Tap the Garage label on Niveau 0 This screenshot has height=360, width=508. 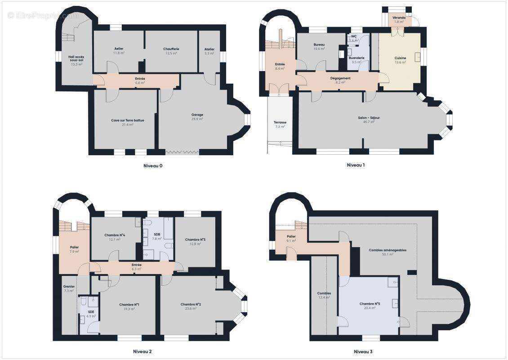[x=197, y=115]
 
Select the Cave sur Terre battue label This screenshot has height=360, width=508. [x=128, y=120]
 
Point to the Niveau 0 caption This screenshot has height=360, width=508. [x=153, y=166]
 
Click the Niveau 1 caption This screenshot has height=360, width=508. [x=356, y=165]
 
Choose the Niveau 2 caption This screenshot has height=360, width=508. [x=142, y=351]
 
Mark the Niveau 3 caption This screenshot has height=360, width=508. [x=363, y=351]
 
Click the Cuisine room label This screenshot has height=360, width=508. [x=400, y=58]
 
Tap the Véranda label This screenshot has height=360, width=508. [x=399, y=18]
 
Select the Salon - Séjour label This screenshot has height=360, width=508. [x=369, y=117]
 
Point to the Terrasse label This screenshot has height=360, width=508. [x=280, y=122]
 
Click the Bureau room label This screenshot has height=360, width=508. [x=319, y=45]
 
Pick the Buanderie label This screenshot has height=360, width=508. [x=356, y=58]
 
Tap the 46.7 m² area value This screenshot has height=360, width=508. [x=369, y=122]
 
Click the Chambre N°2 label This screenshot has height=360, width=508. [x=191, y=304]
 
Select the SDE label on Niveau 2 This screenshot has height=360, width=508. [x=91, y=312]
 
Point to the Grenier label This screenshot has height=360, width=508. [x=69, y=286]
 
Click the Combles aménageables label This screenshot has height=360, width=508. [x=388, y=250]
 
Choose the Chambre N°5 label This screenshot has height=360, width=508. [x=370, y=304]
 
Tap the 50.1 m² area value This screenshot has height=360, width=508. [x=388, y=254]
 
